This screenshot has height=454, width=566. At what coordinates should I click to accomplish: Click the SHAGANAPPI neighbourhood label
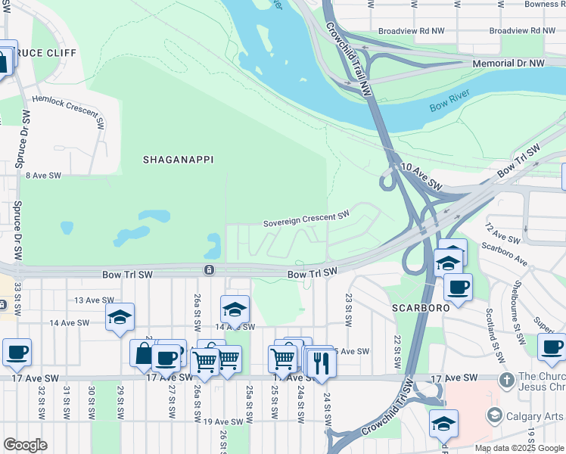click(x=178, y=160)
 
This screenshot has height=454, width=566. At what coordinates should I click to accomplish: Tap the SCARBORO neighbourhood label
click(x=420, y=308)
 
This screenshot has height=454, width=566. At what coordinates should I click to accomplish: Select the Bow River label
click(x=450, y=101)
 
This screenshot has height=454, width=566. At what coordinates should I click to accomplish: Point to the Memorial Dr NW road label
click(x=508, y=64)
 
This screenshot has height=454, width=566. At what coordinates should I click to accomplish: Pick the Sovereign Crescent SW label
click(x=306, y=219)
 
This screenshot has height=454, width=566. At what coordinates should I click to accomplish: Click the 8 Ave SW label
click(x=43, y=175)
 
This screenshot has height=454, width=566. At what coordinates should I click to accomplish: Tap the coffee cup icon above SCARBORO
click(x=458, y=287)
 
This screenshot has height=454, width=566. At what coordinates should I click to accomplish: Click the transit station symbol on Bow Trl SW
click(x=209, y=270)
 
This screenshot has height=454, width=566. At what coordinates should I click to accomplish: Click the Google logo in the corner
click(x=25, y=445)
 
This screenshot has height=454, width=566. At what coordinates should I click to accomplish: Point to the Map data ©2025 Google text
click(x=518, y=448)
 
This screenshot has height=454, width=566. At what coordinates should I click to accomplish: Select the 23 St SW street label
click(x=349, y=309)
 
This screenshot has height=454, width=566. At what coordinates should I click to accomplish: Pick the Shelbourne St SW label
click(x=519, y=312)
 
